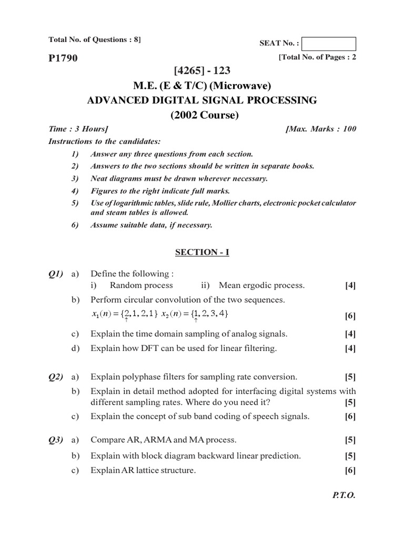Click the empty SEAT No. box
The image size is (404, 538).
tap(329, 44)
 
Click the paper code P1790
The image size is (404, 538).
tap(63, 58)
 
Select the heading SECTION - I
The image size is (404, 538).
tap(202, 253)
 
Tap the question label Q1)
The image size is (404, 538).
tap(56, 274)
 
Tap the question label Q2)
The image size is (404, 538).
tap(56, 377)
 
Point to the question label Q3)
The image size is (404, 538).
tap(56, 440)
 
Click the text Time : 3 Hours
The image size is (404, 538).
tap(78, 129)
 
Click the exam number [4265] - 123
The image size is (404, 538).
tap(202, 70)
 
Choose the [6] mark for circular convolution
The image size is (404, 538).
tap(350, 316)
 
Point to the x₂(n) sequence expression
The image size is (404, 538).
tap(195, 314)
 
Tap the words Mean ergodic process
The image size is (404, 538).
tap(261, 285)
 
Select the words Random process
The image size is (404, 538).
tap(141, 285)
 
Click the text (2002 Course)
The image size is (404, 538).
tap(202, 115)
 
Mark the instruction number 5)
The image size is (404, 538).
tap(74, 203)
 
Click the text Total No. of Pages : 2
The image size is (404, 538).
tap(318, 58)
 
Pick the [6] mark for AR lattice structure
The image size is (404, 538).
tap(350, 471)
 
